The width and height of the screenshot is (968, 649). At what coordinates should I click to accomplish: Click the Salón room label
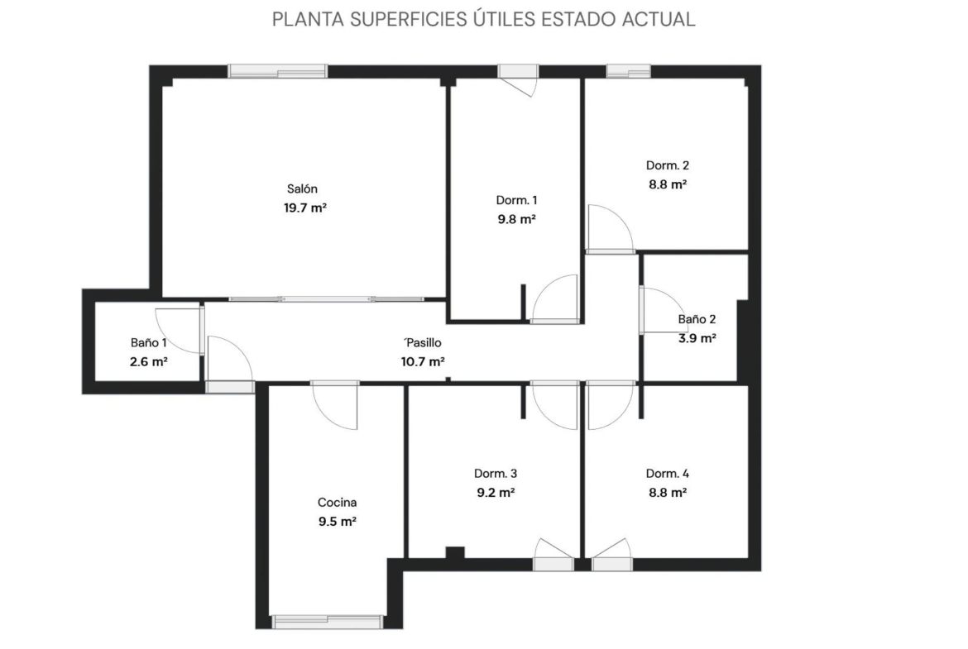(x=302, y=188)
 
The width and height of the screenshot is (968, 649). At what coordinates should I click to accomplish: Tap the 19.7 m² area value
(x=305, y=208)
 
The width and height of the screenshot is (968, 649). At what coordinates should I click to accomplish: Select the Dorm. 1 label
(x=517, y=200)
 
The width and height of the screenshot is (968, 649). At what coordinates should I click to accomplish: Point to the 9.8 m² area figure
(x=517, y=219)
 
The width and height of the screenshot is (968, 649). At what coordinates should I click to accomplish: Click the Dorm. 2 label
(x=668, y=165)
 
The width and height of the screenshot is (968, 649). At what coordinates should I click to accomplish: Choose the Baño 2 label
(x=697, y=319)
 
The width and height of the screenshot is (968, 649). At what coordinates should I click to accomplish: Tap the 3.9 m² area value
(x=697, y=338)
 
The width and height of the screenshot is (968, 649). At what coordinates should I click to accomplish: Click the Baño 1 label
(x=148, y=342)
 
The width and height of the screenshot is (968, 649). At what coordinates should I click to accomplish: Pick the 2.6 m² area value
(x=149, y=361)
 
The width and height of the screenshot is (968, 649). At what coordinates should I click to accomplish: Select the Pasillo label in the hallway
(x=424, y=342)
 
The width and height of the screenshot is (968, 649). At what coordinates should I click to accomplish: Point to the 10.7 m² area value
(x=423, y=361)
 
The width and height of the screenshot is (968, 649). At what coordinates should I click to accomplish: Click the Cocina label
(x=337, y=502)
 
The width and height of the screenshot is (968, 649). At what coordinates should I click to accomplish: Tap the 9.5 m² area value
(x=337, y=522)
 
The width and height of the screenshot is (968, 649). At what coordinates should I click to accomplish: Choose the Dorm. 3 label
(x=496, y=473)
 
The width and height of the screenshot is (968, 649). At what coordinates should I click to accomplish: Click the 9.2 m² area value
(x=496, y=492)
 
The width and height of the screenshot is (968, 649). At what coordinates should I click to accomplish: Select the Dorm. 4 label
(x=668, y=473)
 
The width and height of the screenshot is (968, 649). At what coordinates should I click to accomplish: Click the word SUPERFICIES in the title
(x=409, y=19)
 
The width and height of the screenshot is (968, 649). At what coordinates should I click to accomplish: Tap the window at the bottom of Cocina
(x=327, y=621)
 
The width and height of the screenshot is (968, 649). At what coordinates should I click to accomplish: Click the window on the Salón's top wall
(x=277, y=71)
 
